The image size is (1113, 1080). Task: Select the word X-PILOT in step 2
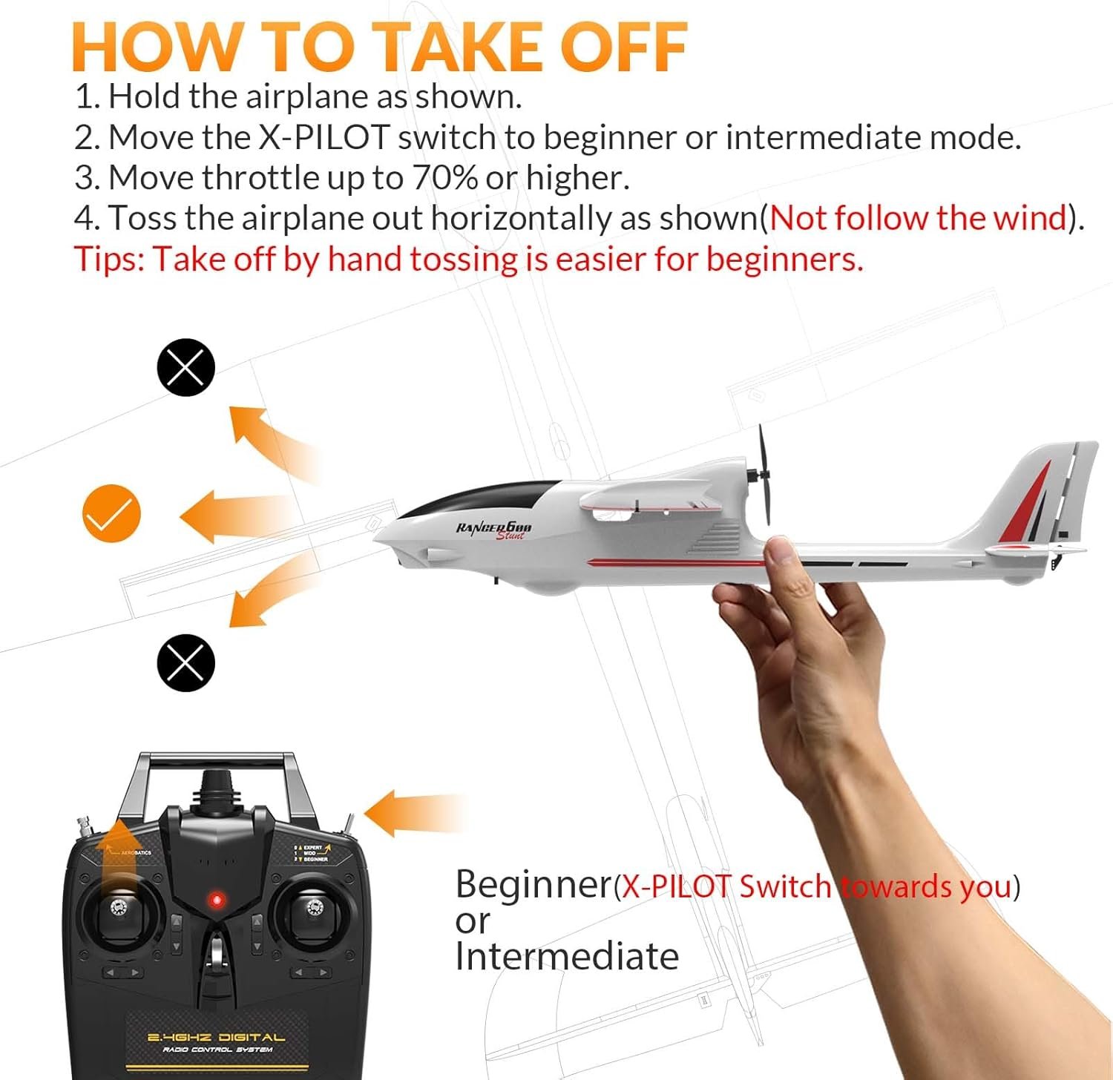click(x=324, y=138)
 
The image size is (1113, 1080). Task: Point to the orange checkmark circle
click(x=111, y=513)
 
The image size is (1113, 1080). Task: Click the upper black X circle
click(x=185, y=367)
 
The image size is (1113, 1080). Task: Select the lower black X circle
click(x=185, y=663)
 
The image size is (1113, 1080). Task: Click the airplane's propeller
click(x=764, y=475)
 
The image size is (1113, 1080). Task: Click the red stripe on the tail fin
click(x=1028, y=504)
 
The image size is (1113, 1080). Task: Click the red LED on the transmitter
click(x=217, y=900)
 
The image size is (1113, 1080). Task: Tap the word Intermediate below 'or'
click(x=567, y=957)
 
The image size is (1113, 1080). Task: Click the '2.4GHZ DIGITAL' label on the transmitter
click(x=216, y=1038)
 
